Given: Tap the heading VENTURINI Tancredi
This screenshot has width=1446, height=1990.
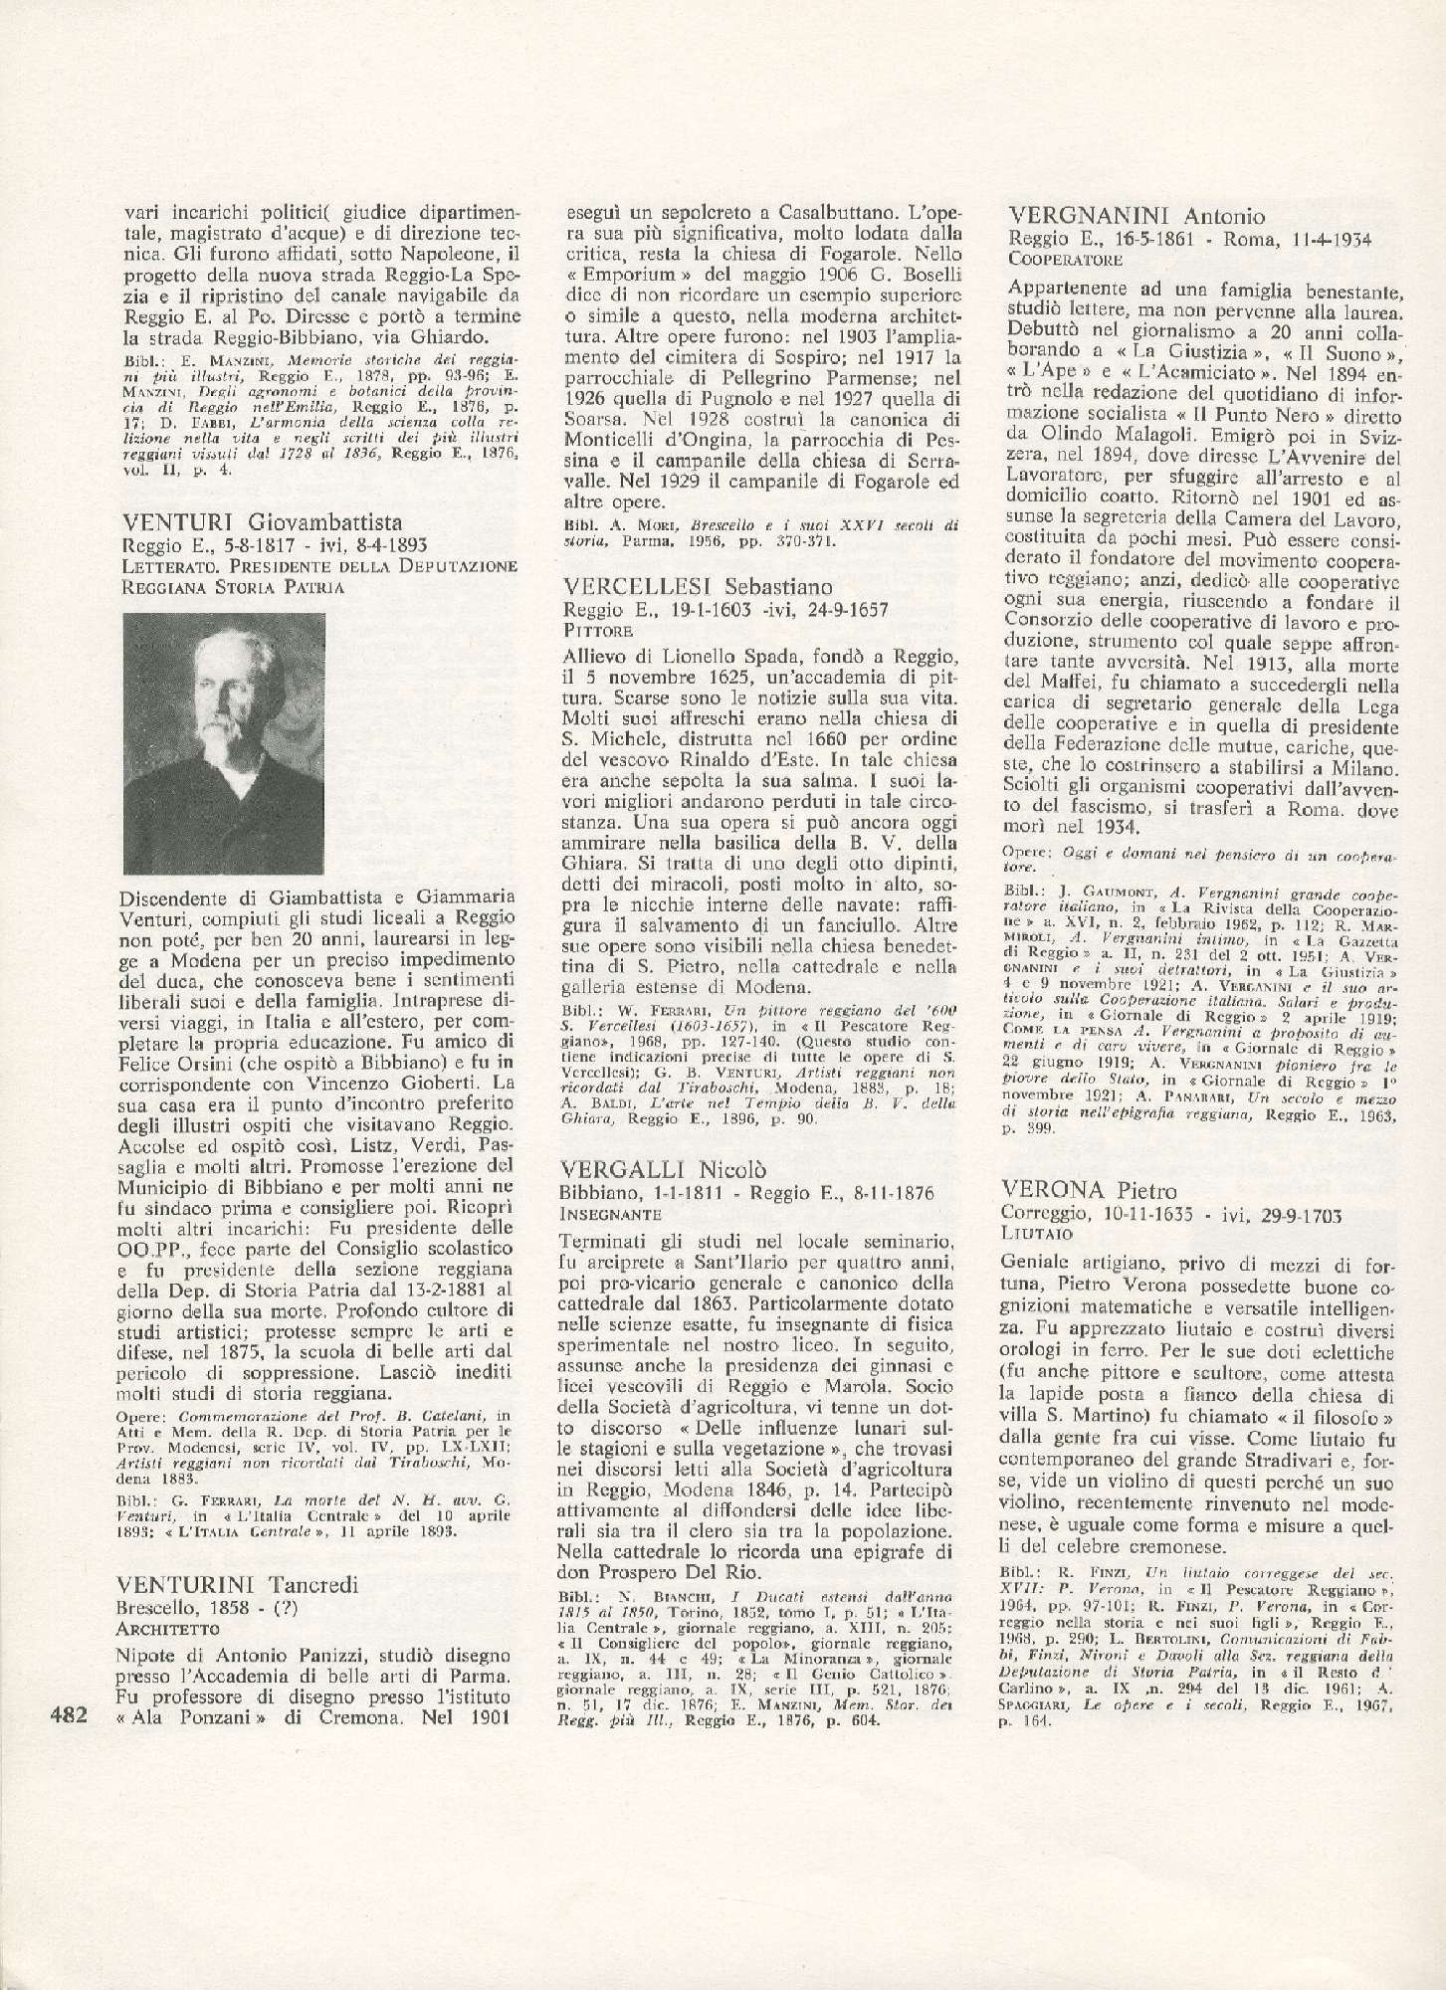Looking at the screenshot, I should pos(238,1584).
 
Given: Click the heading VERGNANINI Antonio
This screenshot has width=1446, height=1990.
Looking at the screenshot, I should pos(1136,216).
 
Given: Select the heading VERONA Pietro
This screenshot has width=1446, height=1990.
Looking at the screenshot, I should pos(1092,1190).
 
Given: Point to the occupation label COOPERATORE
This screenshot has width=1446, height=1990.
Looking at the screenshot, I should pos(1066,260).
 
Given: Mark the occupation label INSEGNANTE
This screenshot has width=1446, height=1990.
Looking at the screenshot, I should pos(610,1215).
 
